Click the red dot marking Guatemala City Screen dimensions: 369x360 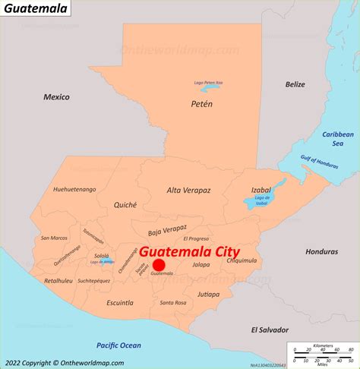tap(159, 265)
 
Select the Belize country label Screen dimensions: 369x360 tap(295, 84)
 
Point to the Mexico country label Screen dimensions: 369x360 tap(56, 97)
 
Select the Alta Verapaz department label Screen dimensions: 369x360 tap(188, 191)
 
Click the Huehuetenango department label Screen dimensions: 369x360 tap(73, 189)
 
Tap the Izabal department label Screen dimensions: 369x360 tap(261, 191)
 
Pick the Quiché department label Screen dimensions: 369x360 tap(125, 204)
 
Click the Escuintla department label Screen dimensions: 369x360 tap(120, 302)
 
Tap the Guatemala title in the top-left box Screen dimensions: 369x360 tap(36, 8)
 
